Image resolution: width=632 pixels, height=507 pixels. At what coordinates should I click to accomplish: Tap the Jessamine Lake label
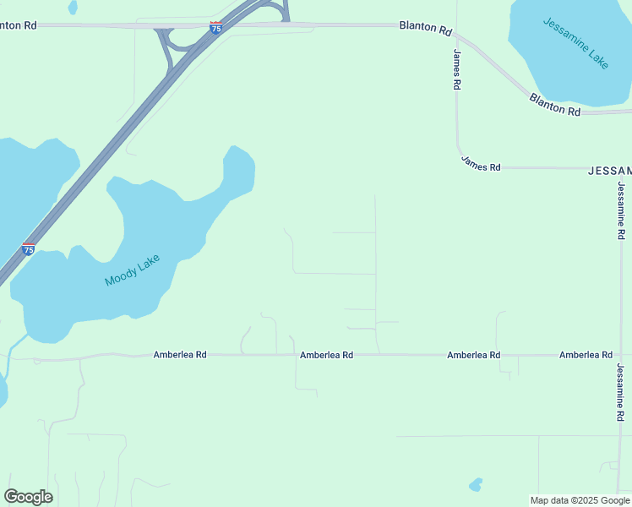click(576, 44)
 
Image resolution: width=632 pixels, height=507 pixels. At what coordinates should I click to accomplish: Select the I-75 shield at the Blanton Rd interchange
click(216, 28)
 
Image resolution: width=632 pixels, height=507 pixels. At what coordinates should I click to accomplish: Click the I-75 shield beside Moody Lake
click(28, 249)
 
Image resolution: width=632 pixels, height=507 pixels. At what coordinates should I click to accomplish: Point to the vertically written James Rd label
click(456, 69)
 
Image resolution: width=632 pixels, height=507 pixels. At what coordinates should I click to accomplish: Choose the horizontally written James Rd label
click(481, 164)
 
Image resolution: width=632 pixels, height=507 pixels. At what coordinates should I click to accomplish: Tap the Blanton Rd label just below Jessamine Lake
click(555, 106)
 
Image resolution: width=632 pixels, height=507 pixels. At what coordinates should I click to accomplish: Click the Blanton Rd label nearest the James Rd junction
click(426, 27)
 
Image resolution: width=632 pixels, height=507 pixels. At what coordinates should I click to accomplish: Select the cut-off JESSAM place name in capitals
click(609, 170)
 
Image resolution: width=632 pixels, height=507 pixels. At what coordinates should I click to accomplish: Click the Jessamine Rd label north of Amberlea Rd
click(621, 210)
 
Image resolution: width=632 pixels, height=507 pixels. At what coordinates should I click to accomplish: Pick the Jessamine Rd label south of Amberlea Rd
click(620, 391)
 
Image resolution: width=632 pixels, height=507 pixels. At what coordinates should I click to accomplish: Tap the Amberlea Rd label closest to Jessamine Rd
click(586, 355)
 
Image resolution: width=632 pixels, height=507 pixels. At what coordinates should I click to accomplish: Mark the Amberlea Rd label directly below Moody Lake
click(180, 355)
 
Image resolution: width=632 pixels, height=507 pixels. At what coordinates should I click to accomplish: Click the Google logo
click(28, 497)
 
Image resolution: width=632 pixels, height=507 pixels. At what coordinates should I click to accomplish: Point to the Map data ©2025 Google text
click(580, 500)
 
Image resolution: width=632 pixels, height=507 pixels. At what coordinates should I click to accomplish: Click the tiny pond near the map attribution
click(476, 485)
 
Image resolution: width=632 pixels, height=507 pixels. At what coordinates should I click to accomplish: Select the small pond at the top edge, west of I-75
click(73, 6)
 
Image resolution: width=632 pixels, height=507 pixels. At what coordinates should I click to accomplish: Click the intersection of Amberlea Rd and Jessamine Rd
click(620, 355)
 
